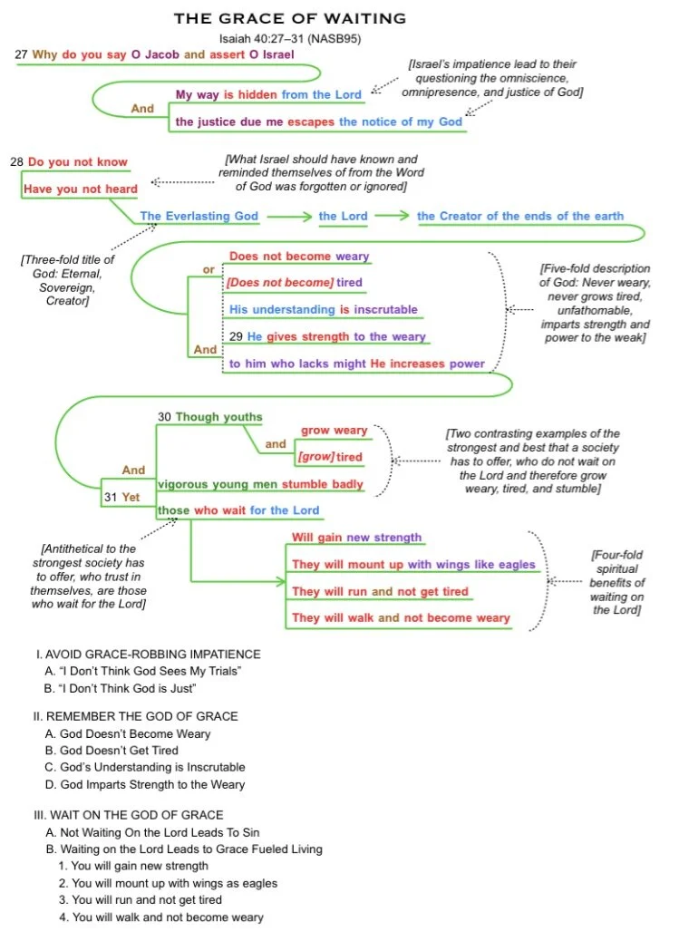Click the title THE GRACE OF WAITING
(x=290, y=18)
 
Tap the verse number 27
(x=21, y=54)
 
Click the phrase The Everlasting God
(x=199, y=216)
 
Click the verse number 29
(x=236, y=336)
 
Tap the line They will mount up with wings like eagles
(x=413, y=565)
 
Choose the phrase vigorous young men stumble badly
(x=260, y=484)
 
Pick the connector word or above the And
(x=209, y=269)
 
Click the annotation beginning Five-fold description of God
(x=595, y=303)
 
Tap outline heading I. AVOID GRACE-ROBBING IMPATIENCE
(x=148, y=654)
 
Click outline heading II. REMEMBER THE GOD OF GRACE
(x=136, y=716)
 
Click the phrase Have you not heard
(x=81, y=189)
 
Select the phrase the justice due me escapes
(x=256, y=121)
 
